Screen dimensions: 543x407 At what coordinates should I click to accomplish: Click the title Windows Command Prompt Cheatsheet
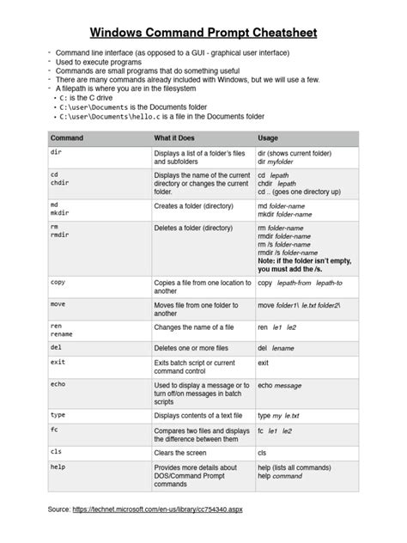[203, 34]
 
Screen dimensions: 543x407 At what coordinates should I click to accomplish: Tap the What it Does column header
[178, 137]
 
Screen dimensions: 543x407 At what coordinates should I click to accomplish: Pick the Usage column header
[267, 137]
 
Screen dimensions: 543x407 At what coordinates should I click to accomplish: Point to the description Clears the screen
[181, 451]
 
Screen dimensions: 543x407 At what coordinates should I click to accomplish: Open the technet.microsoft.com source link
[158, 510]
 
